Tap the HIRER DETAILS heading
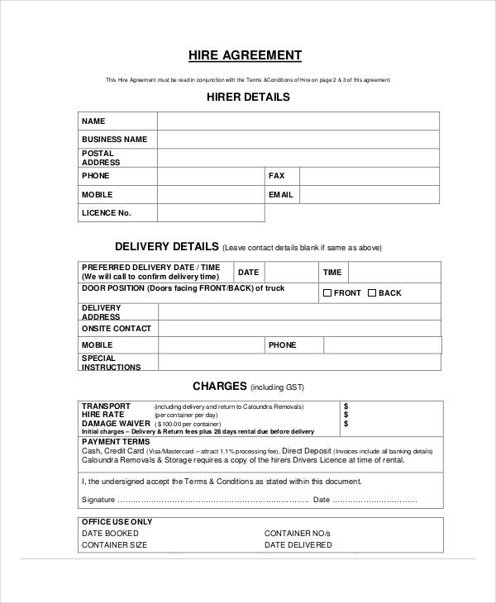pos(247,97)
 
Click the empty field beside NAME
pos(298,121)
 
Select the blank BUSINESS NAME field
pos(298,140)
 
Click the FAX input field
pos(369,176)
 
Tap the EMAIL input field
pos(369,195)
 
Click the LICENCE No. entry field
pos(211,213)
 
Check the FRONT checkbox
pos(327,293)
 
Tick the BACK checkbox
pos(372,293)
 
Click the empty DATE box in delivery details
pos(290,273)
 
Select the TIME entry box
pos(393,273)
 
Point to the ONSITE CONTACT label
pos(117,329)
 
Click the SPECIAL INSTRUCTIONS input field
pos(299,363)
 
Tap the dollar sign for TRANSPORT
pos(346,406)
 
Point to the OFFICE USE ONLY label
pos(117,522)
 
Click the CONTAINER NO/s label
pos(298,534)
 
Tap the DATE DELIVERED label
pos(298,545)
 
